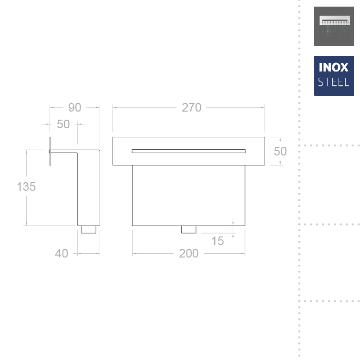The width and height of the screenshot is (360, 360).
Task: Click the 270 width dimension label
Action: point(192,107)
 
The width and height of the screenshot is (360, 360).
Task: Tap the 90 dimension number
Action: point(74,107)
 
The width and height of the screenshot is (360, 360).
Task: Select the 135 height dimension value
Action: point(26,186)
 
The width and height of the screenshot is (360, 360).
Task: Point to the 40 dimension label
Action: point(62,254)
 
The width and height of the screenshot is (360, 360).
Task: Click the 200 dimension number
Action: point(189,254)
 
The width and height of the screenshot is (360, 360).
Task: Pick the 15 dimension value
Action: point(217,241)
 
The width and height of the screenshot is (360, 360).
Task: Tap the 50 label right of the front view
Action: point(280,151)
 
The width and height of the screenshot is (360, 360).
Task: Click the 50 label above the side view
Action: point(63,124)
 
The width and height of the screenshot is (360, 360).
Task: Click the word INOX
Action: point(334,67)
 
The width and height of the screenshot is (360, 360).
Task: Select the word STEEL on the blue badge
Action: point(334,82)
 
